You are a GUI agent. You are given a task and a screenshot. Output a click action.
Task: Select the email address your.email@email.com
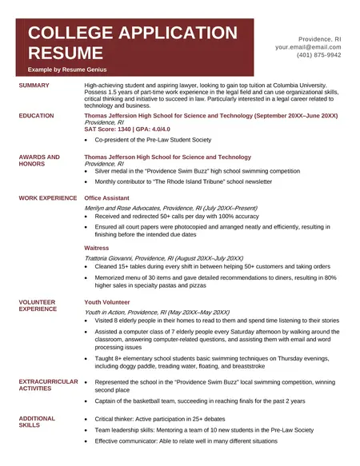(x=308, y=47)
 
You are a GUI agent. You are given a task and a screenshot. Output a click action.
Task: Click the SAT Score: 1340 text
(x=106, y=129)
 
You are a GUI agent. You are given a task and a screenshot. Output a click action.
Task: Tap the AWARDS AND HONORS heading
(x=39, y=161)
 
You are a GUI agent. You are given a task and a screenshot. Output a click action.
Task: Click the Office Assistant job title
(x=108, y=196)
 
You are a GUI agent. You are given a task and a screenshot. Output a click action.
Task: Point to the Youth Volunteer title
(x=106, y=302)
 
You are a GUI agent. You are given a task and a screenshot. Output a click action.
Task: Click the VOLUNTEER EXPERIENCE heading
(x=38, y=305)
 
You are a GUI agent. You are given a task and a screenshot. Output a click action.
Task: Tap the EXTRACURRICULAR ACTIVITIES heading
(x=48, y=385)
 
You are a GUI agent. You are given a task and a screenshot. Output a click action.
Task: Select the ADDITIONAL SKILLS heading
(x=37, y=421)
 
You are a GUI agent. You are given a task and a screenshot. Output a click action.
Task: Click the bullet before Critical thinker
(x=86, y=419)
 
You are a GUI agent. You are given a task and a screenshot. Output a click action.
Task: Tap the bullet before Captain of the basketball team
(x=86, y=401)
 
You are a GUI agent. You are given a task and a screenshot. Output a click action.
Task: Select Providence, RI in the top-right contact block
(x=319, y=38)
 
